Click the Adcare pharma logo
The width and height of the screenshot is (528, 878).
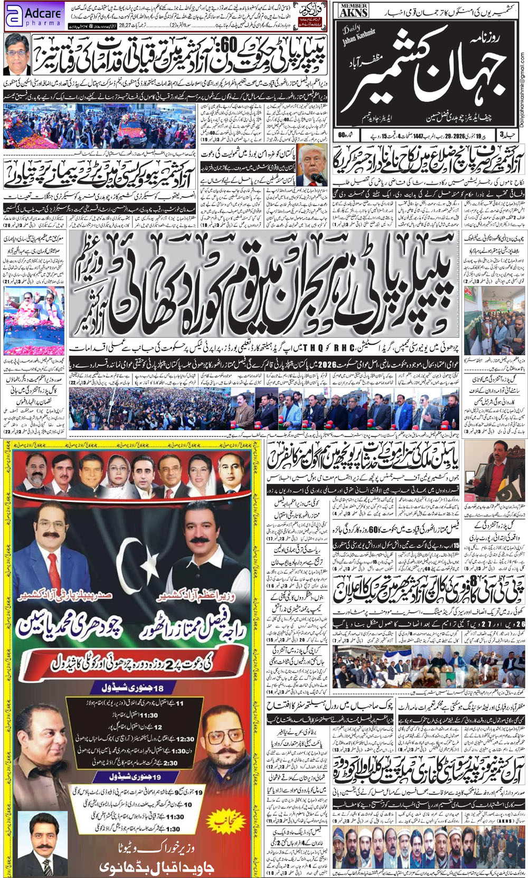34,16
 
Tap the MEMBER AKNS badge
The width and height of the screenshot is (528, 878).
354,12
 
